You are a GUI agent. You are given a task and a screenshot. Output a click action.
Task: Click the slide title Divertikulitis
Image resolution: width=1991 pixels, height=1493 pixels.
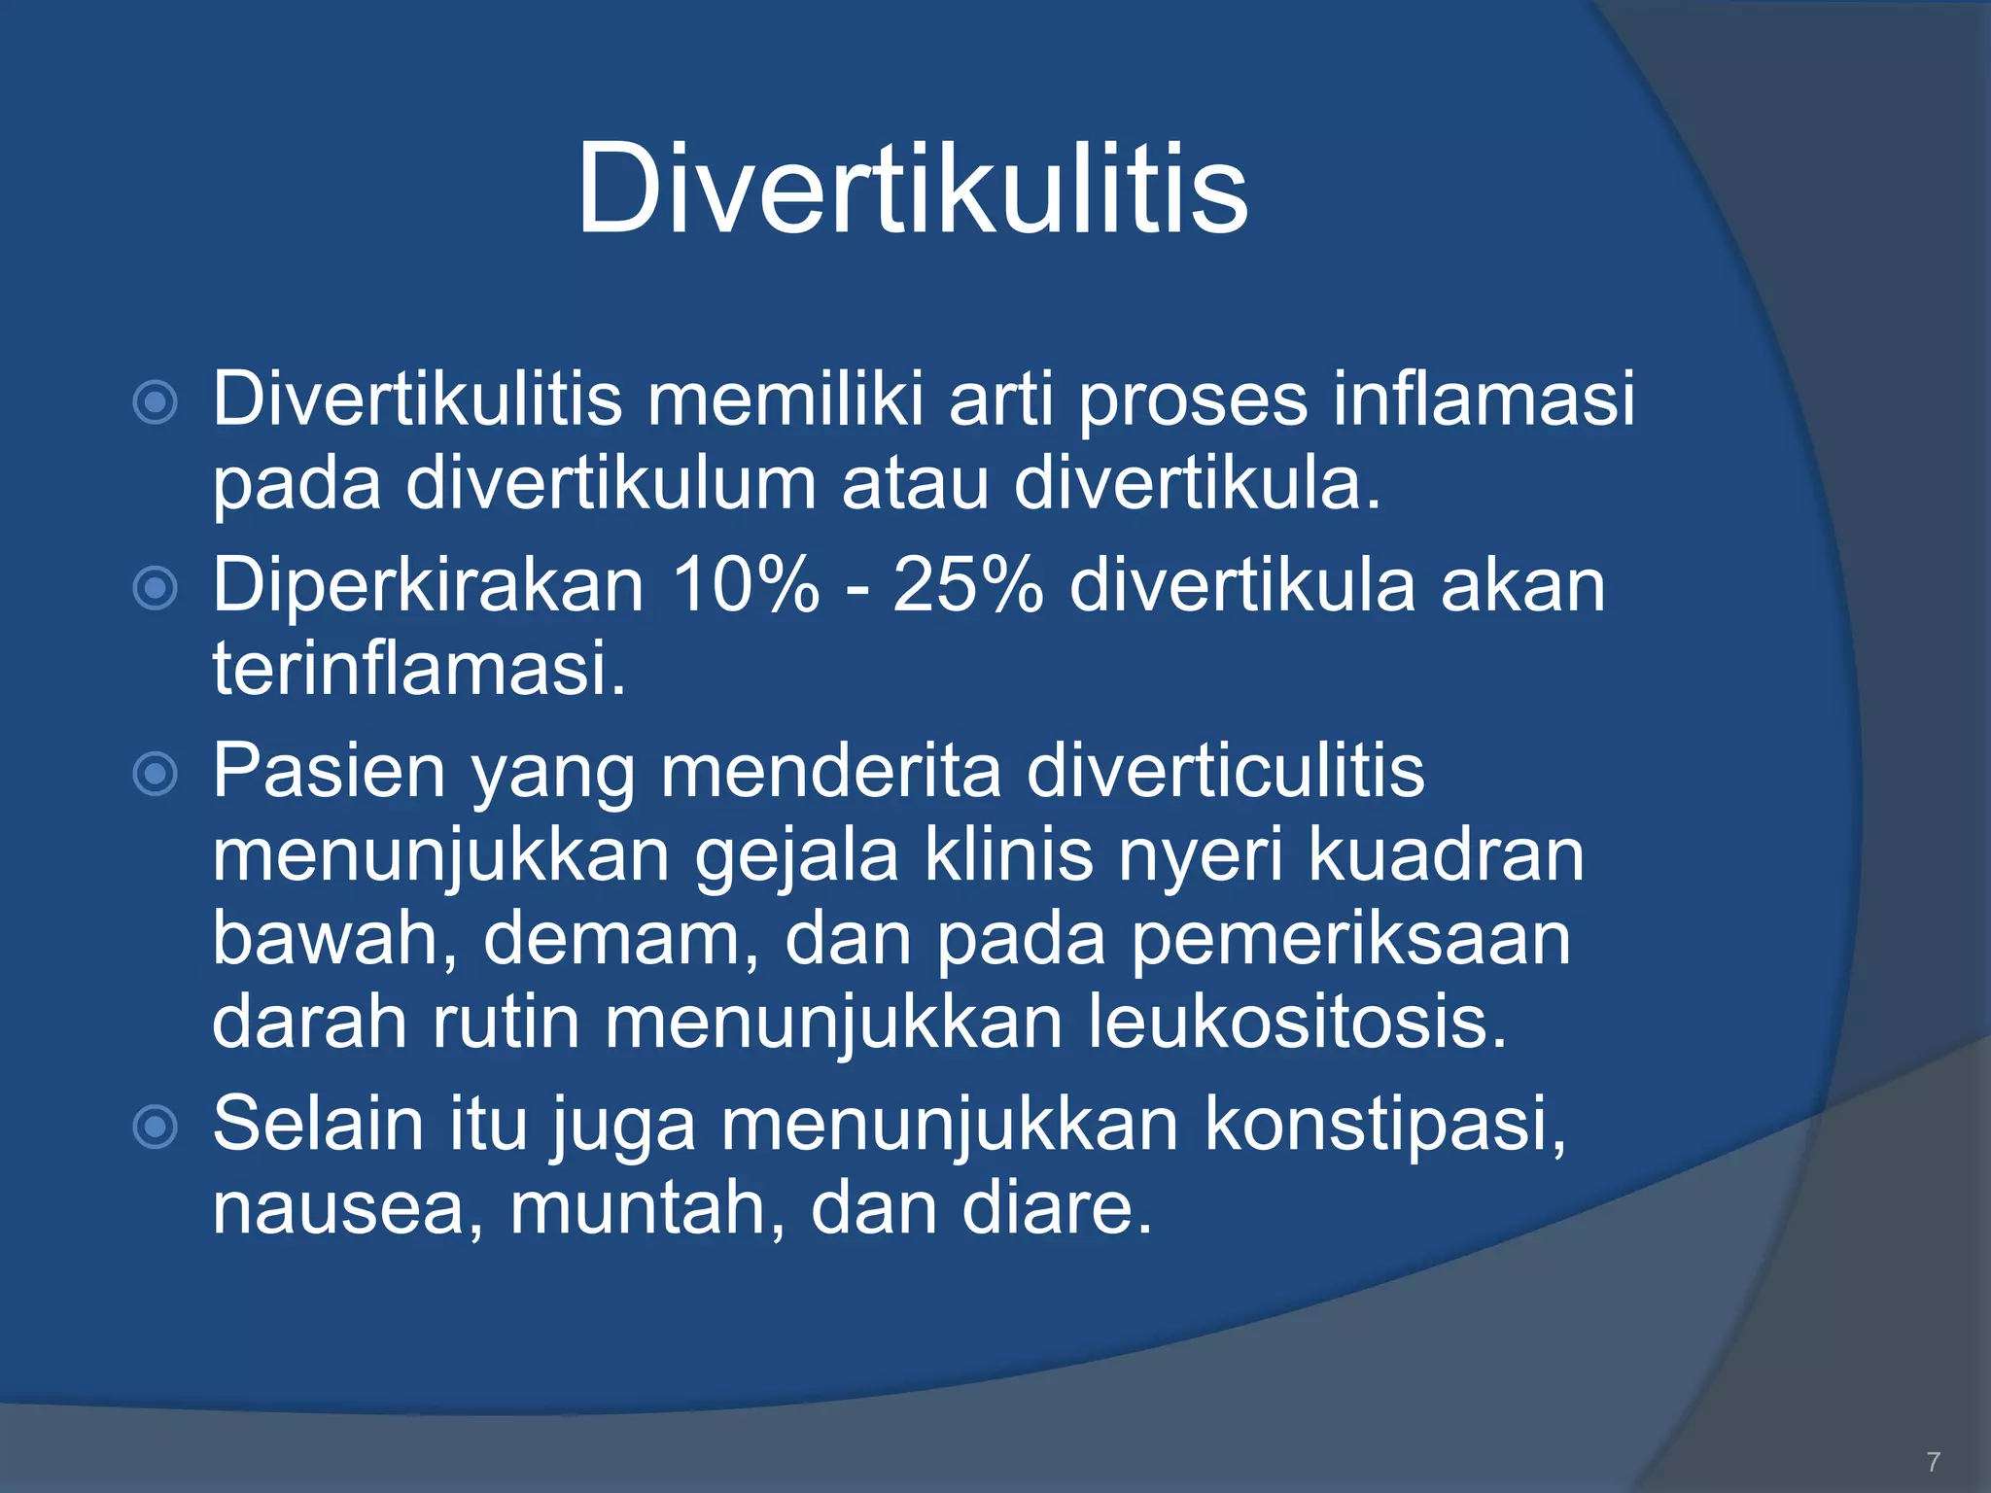[x=912, y=189]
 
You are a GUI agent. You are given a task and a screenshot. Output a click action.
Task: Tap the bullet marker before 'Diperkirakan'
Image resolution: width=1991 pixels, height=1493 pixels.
[x=155, y=587]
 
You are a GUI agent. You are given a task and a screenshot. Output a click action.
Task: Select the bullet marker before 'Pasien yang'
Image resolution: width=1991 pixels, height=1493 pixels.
[x=155, y=774]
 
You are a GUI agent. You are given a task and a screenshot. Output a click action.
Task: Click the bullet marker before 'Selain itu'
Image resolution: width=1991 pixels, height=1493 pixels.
[x=155, y=1127]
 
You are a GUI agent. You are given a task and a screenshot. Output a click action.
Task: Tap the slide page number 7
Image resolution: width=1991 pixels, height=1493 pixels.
[x=1933, y=1461]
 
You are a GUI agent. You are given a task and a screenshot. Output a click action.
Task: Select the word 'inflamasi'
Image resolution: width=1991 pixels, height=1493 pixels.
[x=1484, y=399]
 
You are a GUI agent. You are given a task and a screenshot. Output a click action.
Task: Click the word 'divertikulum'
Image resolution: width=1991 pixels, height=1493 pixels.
[x=611, y=483]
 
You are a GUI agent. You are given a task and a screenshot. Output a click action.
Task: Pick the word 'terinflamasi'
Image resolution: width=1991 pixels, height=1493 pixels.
[x=418, y=669]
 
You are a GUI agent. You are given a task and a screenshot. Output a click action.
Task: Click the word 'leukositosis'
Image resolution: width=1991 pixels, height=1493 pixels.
[x=1297, y=1023]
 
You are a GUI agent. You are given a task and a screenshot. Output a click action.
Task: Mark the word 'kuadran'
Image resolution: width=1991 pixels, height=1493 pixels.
[x=1446, y=855]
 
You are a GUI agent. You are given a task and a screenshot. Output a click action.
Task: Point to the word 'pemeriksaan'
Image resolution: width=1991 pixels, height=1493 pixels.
[x=1350, y=939]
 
